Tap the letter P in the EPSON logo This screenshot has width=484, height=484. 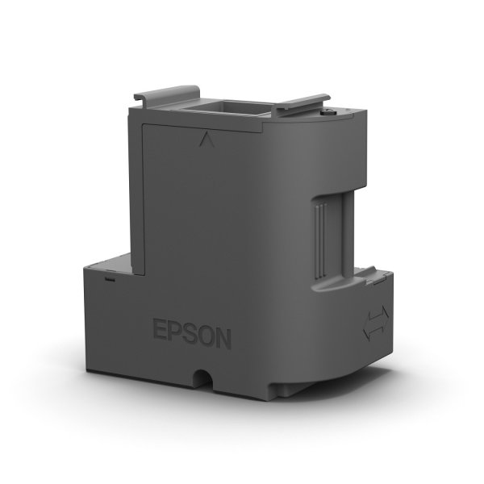[177, 332]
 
